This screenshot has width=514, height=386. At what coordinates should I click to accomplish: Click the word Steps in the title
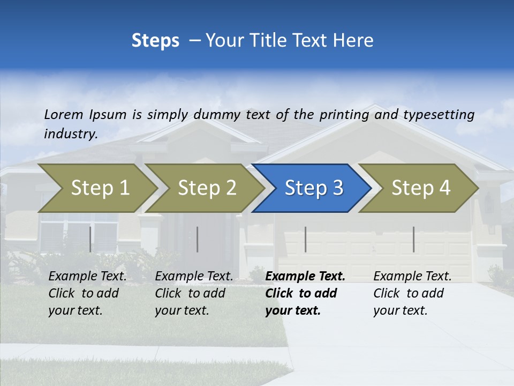(155, 41)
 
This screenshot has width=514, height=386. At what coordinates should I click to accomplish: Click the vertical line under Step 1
(90, 239)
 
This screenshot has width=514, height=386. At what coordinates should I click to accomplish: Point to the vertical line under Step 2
(198, 239)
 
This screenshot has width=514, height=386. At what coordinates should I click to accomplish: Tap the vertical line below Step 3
(305, 239)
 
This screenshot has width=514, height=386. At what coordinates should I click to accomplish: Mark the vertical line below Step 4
(413, 239)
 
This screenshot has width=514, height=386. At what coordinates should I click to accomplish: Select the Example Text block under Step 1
(87, 293)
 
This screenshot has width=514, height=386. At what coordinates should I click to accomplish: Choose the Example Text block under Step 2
(194, 293)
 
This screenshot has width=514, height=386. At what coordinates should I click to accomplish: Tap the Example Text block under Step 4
(412, 293)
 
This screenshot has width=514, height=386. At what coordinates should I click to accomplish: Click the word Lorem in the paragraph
(64, 115)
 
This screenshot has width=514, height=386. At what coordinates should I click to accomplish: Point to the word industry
(71, 134)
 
